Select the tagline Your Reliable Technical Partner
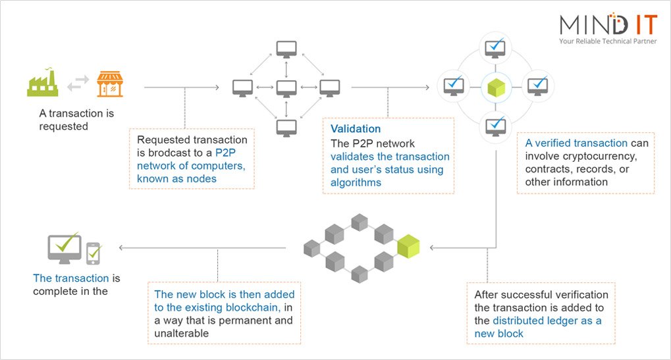tap(608, 41)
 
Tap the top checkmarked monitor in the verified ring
tap(495, 48)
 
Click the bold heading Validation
tap(356, 129)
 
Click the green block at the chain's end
tap(408, 246)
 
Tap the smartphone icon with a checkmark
tap(94, 251)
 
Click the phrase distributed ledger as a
tap(547, 321)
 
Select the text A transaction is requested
tap(76, 119)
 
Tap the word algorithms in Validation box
tap(356, 182)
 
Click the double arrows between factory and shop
tap(77, 84)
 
